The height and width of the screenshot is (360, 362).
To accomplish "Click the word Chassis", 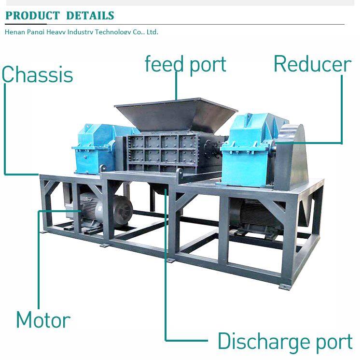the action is [37, 75].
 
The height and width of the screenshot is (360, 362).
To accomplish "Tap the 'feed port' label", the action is [185, 64].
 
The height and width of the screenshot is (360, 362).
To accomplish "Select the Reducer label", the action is [312, 64].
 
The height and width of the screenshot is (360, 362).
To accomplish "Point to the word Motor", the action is [43, 320].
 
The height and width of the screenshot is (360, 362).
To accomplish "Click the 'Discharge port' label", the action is [285, 341].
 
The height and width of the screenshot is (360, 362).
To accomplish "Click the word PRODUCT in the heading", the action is [33, 15].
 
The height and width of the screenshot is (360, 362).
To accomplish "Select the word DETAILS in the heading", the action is [90, 15].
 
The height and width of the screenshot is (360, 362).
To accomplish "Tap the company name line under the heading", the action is [81, 32].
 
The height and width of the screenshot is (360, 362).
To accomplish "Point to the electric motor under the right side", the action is [253, 215].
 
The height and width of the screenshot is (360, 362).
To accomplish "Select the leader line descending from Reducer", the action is [342, 111].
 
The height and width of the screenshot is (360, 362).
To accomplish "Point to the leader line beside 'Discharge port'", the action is [166, 271].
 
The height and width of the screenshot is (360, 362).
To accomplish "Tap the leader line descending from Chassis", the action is [5, 130].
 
